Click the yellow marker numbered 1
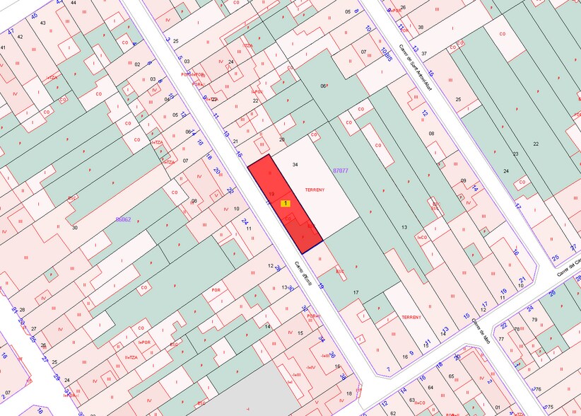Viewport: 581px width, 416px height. [286, 203]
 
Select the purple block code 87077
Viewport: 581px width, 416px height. [340, 171]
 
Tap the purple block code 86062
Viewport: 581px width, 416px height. [123, 219]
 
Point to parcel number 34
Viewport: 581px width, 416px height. [295, 165]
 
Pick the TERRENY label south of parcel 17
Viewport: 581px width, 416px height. [411, 318]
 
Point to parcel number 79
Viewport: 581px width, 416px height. [534, 320]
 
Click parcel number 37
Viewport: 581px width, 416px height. [424, 54]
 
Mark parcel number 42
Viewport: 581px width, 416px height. [19, 37]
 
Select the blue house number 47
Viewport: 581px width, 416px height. [11, 31]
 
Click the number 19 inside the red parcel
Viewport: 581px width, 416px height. [271, 193]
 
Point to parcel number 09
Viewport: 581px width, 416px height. [464, 180]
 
